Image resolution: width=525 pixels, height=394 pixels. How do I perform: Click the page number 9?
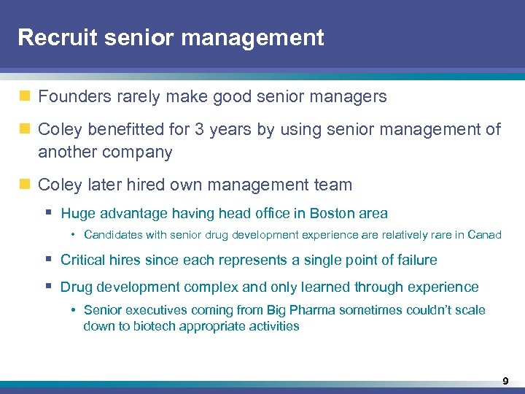click(505, 381)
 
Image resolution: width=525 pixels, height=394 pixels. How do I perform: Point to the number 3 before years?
click(200, 130)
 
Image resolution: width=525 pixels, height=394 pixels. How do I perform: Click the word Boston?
click(332, 214)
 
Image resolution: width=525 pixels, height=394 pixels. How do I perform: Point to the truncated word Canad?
click(484, 235)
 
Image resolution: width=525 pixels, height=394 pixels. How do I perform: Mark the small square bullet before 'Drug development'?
click(47, 287)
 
